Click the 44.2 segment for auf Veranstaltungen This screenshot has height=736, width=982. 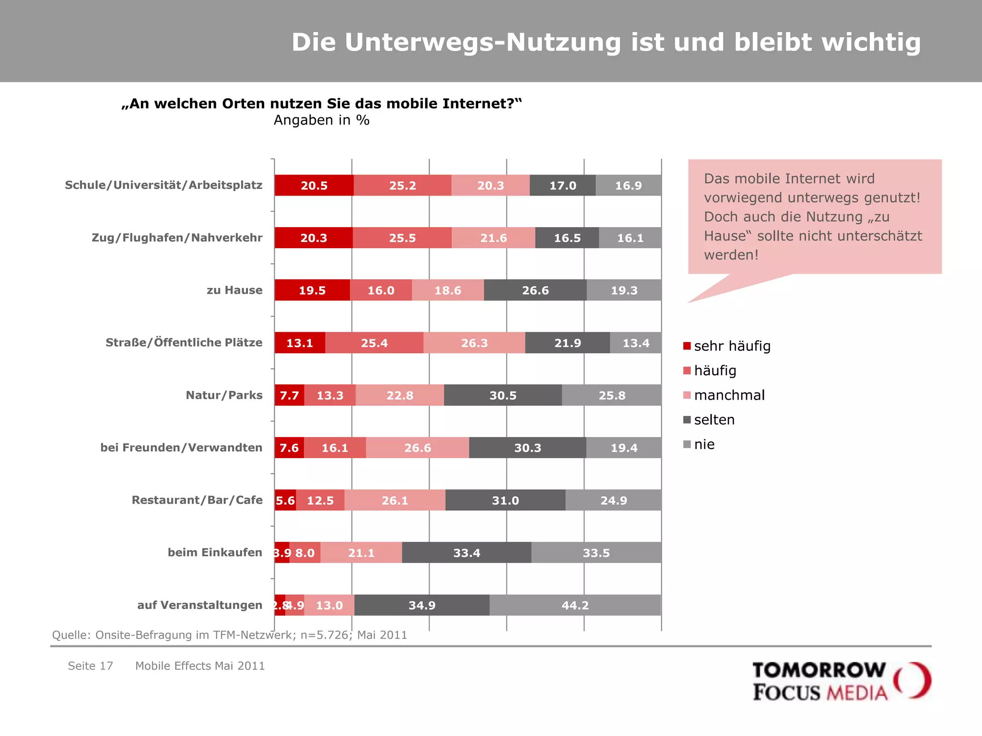[575, 605]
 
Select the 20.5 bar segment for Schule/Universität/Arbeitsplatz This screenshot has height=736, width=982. [314, 185]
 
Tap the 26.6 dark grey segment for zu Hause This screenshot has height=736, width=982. [535, 290]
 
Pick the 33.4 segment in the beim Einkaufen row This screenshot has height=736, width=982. [467, 553]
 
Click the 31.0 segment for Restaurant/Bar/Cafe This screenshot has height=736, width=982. [505, 500]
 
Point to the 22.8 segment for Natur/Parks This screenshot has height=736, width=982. [400, 395]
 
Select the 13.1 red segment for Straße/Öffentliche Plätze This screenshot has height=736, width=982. [300, 343]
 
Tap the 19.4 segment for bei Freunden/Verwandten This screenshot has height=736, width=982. [624, 448]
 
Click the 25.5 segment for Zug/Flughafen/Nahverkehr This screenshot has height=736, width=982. [402, 238]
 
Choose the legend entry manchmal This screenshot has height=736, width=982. [729, 395]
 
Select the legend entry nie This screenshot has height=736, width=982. [704, 445]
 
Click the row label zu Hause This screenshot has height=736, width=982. [234, 290]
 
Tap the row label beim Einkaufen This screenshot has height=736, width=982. [215, 552]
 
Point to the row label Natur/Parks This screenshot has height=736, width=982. [224, 395]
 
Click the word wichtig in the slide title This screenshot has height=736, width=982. [871, 42]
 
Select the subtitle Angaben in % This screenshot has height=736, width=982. [321, 120]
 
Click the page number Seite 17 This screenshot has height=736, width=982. [90, 666]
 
